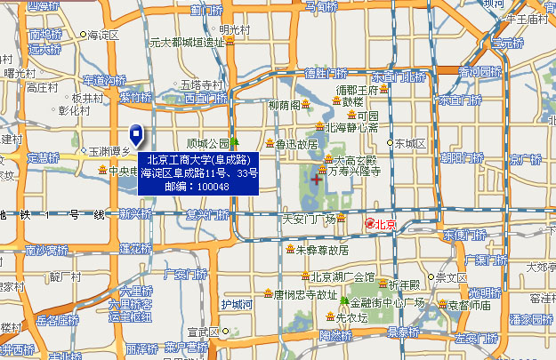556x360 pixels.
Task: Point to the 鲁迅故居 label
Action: pyautogui.click(x=296, y=144)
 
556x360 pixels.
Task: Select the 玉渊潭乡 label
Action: pyautogui.click(x=109, y=151)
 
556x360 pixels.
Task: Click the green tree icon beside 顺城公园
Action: pyautogui.click(x=236, y=142)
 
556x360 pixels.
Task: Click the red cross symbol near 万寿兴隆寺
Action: pyautogui.click(x=318, y=180)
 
